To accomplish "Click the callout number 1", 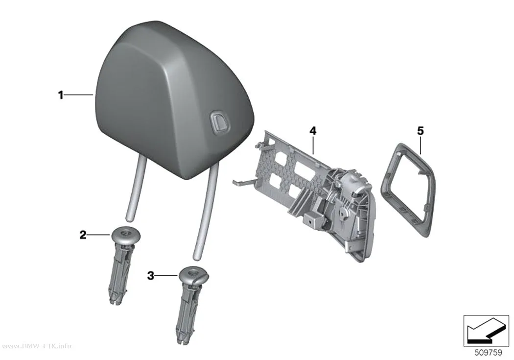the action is (x=60, y=96).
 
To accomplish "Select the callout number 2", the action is (x=83, y=235).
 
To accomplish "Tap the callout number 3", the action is (x=150, y=276).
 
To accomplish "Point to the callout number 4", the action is (x=313, y=131).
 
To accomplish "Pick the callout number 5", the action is (x=421, y=131).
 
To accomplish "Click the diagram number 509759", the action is (x=489, y=353).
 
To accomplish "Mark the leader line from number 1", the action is (x=78, y=95).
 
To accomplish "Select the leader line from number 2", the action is (x=98, y=235).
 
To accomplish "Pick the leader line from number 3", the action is (x=166, y=276).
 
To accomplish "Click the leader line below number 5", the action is (x=421, y=145).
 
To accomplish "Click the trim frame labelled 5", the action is (x=385, y=184).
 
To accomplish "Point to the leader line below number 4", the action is (x=313, y=145).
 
